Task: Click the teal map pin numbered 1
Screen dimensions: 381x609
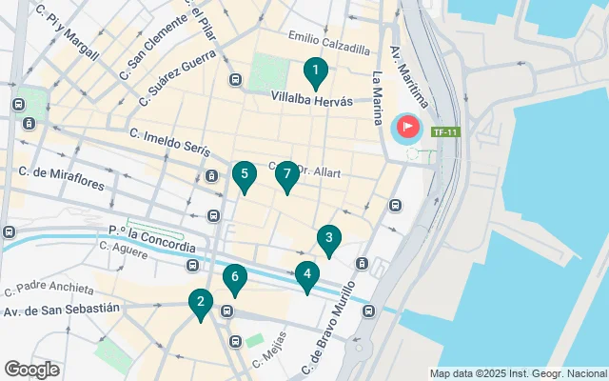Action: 315,71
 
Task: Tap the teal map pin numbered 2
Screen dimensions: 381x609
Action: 200,303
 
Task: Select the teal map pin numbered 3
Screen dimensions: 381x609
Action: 328,239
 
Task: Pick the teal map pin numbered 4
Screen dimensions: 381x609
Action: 306,275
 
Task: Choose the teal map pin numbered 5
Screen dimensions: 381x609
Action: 245,175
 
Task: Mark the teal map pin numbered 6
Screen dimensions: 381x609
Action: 234,278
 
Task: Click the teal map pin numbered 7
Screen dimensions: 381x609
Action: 286,175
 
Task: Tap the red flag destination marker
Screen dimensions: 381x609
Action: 406,126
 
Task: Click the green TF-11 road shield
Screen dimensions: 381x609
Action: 444,131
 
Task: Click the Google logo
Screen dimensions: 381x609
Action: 32,369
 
